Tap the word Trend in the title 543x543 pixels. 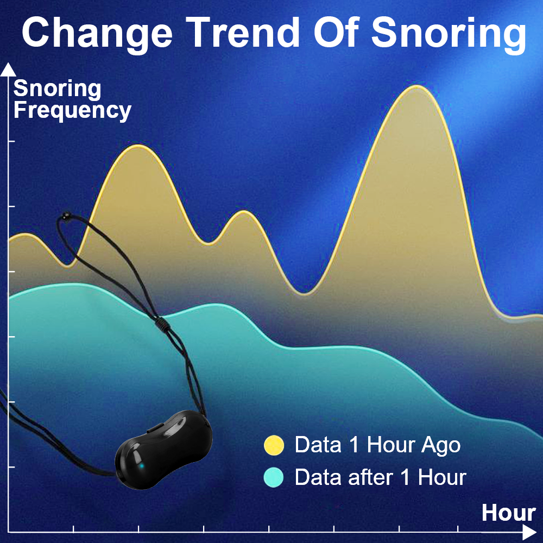pos(242,32)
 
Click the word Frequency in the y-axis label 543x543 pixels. pos(72,111)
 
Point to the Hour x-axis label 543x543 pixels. pos(508,513)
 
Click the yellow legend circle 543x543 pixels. pos(274,445)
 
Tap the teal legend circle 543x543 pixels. pos(274,477)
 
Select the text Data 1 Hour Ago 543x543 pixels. pos(377,445)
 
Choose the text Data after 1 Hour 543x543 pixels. pos(380,477)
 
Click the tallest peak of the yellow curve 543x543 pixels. pos(416,86)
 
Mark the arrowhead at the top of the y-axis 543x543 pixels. pos(8,70)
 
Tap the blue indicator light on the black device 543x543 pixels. pos(142,466)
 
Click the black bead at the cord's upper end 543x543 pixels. pos(65,216)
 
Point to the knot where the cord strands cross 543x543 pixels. pos(162,324)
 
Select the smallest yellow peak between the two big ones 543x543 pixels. pos(244,212)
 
